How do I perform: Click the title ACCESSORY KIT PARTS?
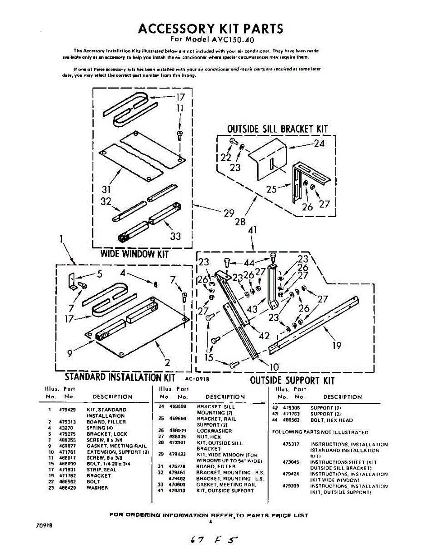(210, 28)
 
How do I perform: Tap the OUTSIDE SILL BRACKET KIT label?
(277, 129)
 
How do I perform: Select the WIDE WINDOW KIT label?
(134, 254)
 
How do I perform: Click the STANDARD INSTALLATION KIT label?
(120, 377)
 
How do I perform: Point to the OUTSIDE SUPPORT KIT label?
(292, 380)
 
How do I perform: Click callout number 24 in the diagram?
(320, 144)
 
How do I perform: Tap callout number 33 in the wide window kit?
(175, 236)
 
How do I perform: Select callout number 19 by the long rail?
(337, 346)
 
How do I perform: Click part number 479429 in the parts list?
(67, 410)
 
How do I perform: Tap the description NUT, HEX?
(209, 437)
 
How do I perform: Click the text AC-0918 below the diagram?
(196, 378)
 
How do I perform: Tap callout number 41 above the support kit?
(253, 230)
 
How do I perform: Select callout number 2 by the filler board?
(167, 362)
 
